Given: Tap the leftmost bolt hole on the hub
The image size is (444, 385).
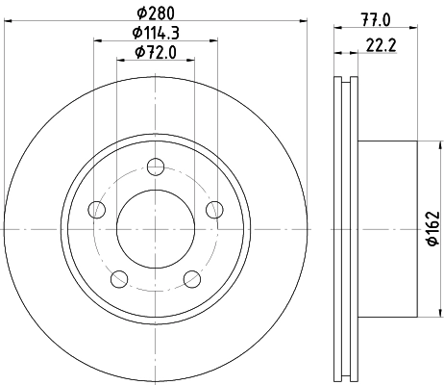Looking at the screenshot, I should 95,209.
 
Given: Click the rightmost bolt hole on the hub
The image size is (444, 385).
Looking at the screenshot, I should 214,209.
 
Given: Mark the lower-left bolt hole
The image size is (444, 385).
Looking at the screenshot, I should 118,279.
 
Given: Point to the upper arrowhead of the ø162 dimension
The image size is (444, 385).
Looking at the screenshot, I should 420,146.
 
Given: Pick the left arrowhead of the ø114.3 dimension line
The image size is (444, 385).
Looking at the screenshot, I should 97,40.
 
